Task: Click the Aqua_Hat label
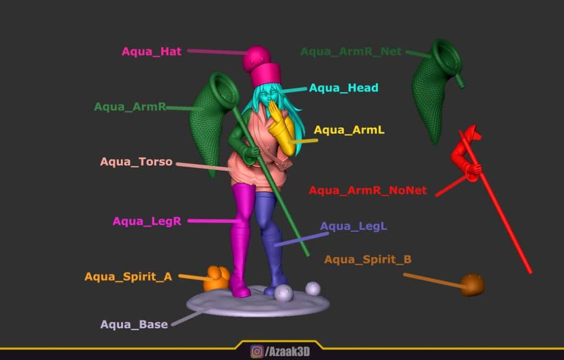click(151, 51)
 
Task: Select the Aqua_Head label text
click(344, 88)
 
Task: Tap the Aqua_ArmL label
click(349, 130)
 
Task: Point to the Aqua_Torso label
click(137, 162)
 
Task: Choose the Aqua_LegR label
click(147, 221)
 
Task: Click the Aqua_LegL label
click(354, 226)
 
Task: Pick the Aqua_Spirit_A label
click(128, 277)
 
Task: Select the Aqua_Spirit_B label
click(368, 260)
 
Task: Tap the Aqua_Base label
click(134, 324)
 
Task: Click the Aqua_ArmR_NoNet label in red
click(368, 190)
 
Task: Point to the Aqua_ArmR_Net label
click(351, 52)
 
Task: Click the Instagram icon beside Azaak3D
click(257, 351)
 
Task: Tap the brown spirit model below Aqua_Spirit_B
click(472, 285)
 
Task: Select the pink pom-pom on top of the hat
click(257, 58)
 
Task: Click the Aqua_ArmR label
click(130, 107)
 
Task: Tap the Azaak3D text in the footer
click(287, 352)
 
